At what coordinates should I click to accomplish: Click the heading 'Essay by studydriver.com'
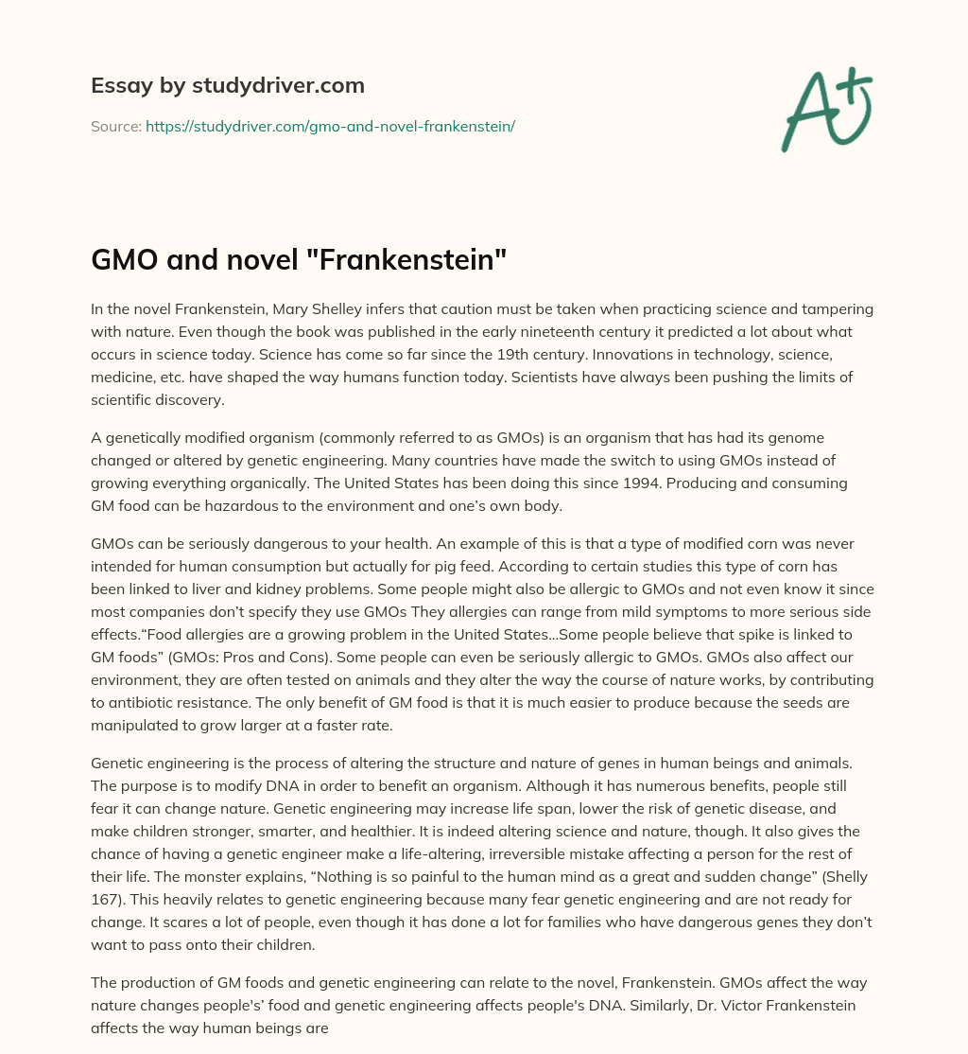(228, 85)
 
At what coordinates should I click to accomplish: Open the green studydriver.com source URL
(330, 125)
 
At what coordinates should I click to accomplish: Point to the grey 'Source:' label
(115, 125)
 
